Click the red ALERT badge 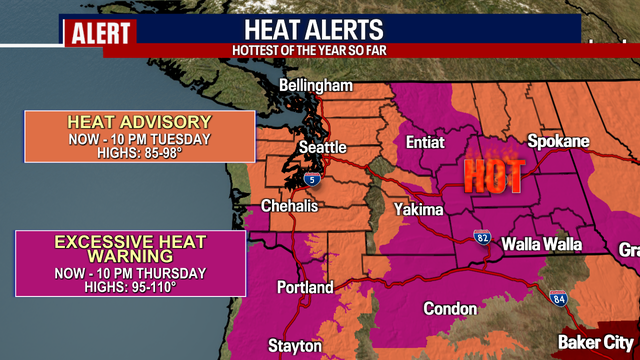[x=100, y=32]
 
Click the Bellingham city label [x=317, y=85]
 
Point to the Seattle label [x=323, y=147]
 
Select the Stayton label [x=294, y=345]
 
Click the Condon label [x=450, y=308]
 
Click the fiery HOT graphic [x=493, y=176]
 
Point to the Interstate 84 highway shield [x=558, y=297]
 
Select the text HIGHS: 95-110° [x=129, y=286]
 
